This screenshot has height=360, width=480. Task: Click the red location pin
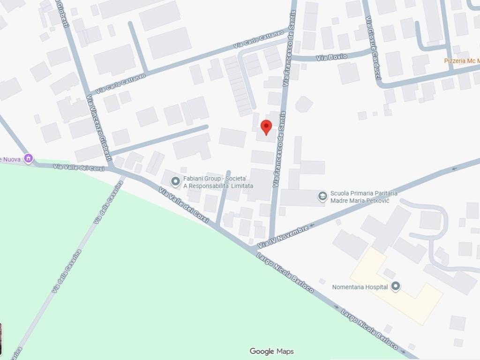pyautogui.click(x=266, y=127)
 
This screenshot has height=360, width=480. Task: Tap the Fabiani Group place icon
pyautogui.click(x=176, y=181)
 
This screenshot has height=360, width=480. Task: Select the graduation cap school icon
pyautogui.click(x=322, y=196)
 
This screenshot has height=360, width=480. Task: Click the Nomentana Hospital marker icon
pyautogui.click(x=396, y=286)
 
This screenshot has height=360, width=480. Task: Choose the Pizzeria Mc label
pyautogui.click(x=461, y=60)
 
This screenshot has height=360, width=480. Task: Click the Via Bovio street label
pyautogui.click(x=332, y=57)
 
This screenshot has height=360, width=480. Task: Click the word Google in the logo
pyautogui.click(x=262, y=351)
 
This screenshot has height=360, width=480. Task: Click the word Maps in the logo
pyautogui.click(x=285, y=351)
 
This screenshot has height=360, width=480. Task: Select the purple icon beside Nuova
pyautogui.click(x=29, y=158)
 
